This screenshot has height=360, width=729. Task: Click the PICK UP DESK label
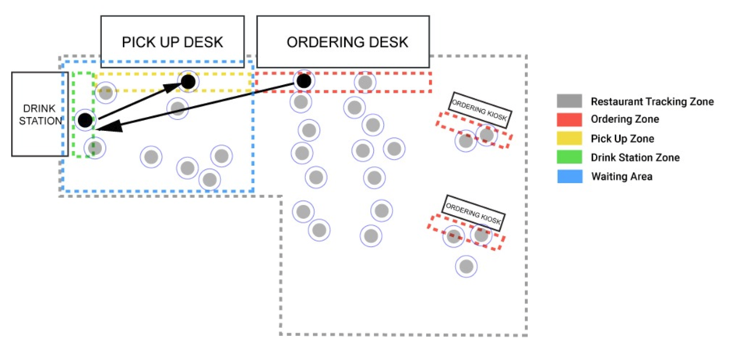[172, 41]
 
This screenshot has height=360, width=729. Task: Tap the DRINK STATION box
[37, 114]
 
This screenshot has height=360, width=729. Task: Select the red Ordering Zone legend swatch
[569, 120]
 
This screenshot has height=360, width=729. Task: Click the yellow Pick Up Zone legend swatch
[569, 139]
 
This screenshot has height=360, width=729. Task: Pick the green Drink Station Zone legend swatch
[569, 157]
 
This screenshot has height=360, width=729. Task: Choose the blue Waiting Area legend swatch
[569, 176]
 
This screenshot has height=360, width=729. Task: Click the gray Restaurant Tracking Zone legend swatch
[569, 101]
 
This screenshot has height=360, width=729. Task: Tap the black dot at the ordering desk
[303, 80]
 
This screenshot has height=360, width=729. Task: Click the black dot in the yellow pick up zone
[188, 80]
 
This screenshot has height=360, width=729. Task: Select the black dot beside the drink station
[85, 120]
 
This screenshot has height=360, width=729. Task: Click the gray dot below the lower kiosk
[467, 266]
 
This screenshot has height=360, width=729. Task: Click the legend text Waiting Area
[622, 177]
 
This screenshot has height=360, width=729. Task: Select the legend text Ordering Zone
[625, 120]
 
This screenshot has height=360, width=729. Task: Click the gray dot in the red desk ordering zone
[364, 81]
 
